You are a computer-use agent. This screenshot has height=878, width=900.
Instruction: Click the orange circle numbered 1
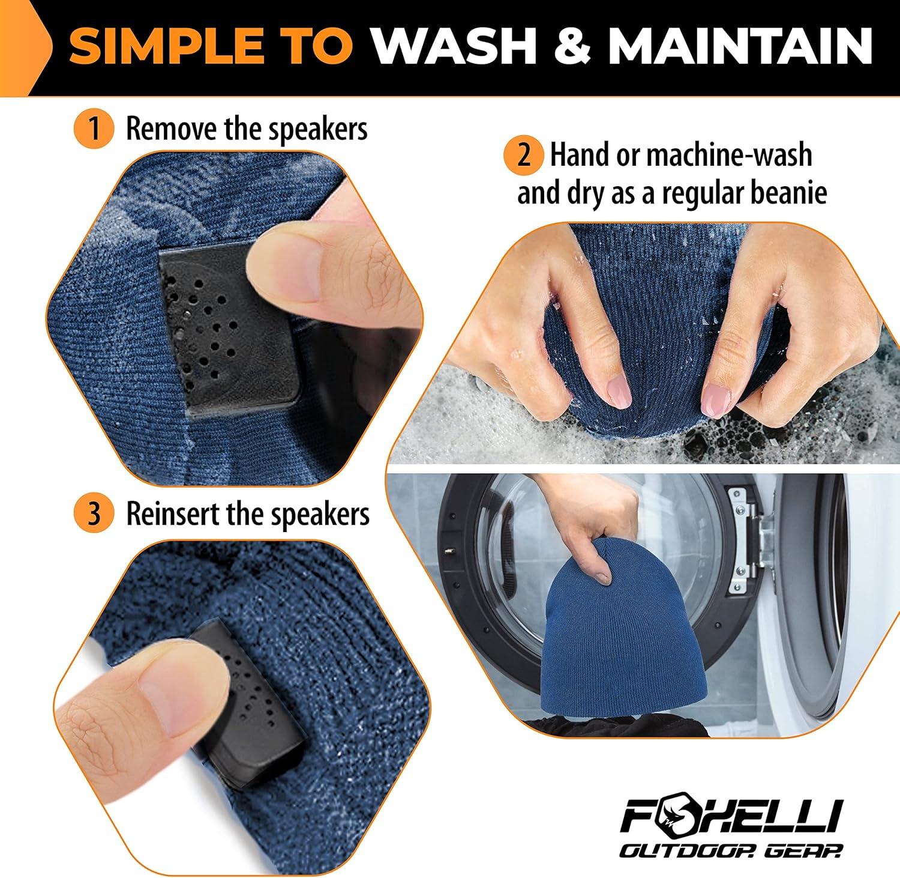[94, 129]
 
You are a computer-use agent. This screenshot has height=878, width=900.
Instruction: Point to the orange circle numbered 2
[524, 156]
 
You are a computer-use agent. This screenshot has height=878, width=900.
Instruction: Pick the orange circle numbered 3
[94, 514]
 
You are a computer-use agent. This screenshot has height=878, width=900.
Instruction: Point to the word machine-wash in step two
[729, 156]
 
